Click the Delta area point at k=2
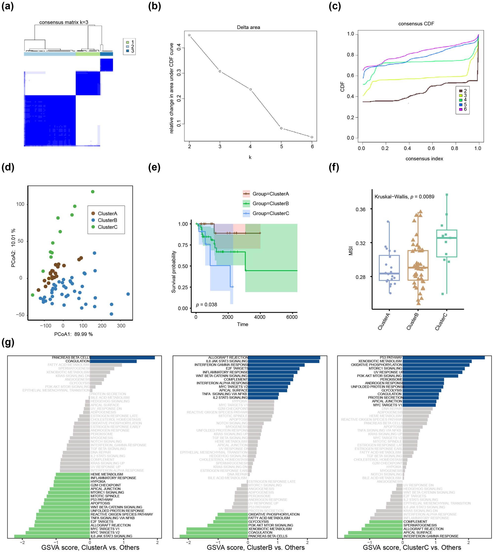(x=189, y=35)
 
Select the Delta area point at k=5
(x=281, y=128)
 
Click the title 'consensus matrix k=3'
(x=63, y=22)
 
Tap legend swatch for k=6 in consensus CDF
(x=461, y=109)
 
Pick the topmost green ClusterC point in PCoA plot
(x=93, y=192)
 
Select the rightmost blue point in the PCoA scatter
(x=128, y=294)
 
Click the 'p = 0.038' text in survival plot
(x=206, y=305)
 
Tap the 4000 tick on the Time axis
(x=260, y=317)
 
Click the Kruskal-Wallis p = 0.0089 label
(x=404, y=197)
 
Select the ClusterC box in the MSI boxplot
(x=447, y=244)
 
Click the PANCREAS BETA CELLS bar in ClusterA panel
(x=123, y=357)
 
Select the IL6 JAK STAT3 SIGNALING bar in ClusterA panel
(x=52, y=536)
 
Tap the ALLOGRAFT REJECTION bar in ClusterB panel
(x=284, y=357)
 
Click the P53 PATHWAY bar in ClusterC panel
(x=444, y=357)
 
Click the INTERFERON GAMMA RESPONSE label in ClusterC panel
(x=431, y=536)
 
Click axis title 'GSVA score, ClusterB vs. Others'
(x=255, y=547)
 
